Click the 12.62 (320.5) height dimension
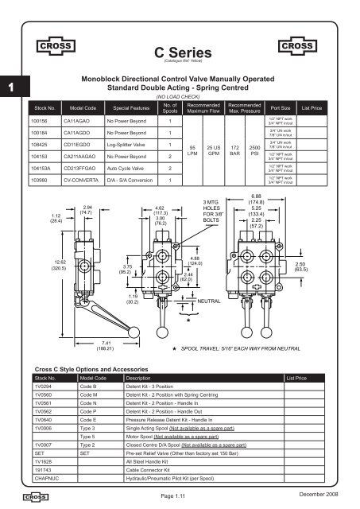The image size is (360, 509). click(x=37, y=266)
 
